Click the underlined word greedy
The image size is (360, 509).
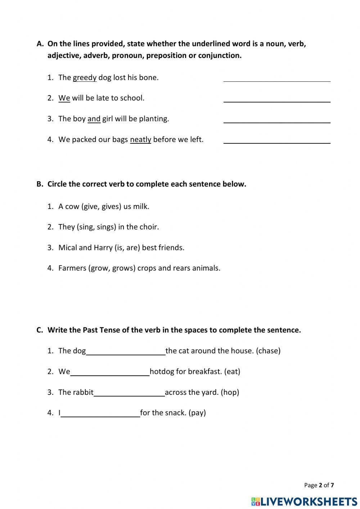[x=85, y=78]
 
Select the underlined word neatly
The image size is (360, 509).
[x=140, y=140]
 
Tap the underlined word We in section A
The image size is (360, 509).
[x=64, y=98]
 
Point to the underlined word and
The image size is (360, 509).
[x=94, y=119]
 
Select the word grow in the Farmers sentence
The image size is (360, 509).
[x=99, y=268]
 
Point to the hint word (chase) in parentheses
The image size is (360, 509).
[x=268, y=351]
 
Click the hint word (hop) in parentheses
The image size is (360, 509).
[x=230, y=392]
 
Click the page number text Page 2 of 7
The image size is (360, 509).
[x=319, y=485]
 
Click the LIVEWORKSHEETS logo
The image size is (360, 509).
[x=304, y=501]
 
